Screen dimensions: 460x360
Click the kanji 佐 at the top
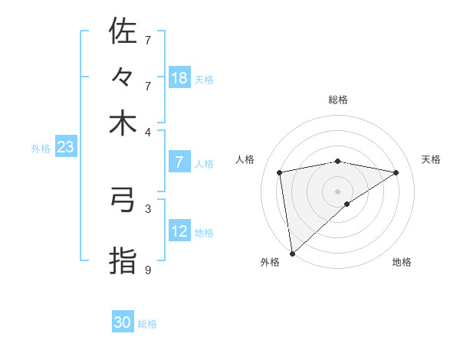tap(123, 31)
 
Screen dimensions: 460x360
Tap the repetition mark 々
tap(123, 77)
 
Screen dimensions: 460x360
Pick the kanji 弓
tap(123, 200)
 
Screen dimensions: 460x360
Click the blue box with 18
tap(179, 78)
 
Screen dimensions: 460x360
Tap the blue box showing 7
tap(179, 162)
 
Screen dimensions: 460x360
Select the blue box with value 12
tap(179, 231)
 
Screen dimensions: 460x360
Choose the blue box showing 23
tap(65, 148)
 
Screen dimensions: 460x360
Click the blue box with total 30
tap(123, 323)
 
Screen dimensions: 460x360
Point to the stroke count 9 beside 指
tap(148, 270)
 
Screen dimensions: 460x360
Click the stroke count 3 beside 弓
tap(148, 208)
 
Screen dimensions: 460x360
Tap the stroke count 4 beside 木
tap(148, 131)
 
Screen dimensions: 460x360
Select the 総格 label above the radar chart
tap(337, 100)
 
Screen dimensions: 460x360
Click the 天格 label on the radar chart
tap(431, 159)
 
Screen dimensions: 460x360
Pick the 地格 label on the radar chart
tap(402, 262)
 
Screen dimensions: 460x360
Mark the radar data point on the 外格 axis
tap(292, 253)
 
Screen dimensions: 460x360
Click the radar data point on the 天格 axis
tap(396, 172)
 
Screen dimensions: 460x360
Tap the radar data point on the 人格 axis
tap(281, 172)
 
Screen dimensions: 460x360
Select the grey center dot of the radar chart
tap(338, 191)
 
